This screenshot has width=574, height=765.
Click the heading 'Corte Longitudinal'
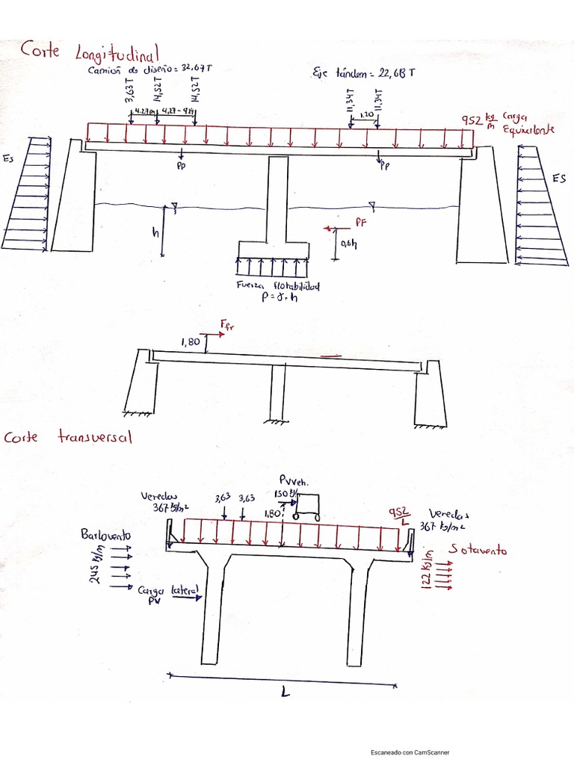90,52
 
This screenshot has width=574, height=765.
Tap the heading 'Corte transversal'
69,437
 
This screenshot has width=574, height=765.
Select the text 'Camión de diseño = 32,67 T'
149,69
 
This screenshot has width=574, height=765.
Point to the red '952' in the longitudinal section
473,120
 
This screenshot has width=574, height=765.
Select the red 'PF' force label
362,222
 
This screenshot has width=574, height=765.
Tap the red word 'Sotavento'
478,551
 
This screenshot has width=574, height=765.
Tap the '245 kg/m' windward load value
96,569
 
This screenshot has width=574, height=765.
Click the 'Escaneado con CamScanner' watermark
410,752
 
